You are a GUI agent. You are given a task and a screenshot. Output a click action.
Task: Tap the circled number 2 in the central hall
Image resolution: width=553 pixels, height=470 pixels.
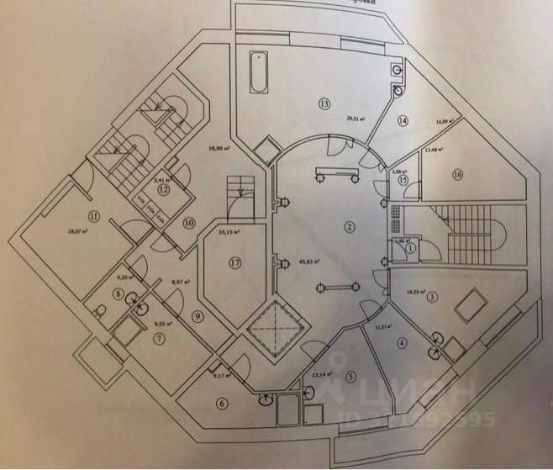coord(346,227)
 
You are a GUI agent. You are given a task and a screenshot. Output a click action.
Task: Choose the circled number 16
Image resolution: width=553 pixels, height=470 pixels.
coord(457,175)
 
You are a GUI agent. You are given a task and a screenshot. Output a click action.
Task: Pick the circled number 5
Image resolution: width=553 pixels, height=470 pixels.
coord(350,377)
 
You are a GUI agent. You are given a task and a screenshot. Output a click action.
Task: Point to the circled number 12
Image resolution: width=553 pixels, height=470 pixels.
coord(164,190)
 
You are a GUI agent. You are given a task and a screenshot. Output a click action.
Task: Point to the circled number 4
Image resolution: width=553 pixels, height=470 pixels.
coord(403,342)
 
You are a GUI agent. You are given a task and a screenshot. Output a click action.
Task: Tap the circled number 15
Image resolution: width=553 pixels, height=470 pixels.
coord(403,180)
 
